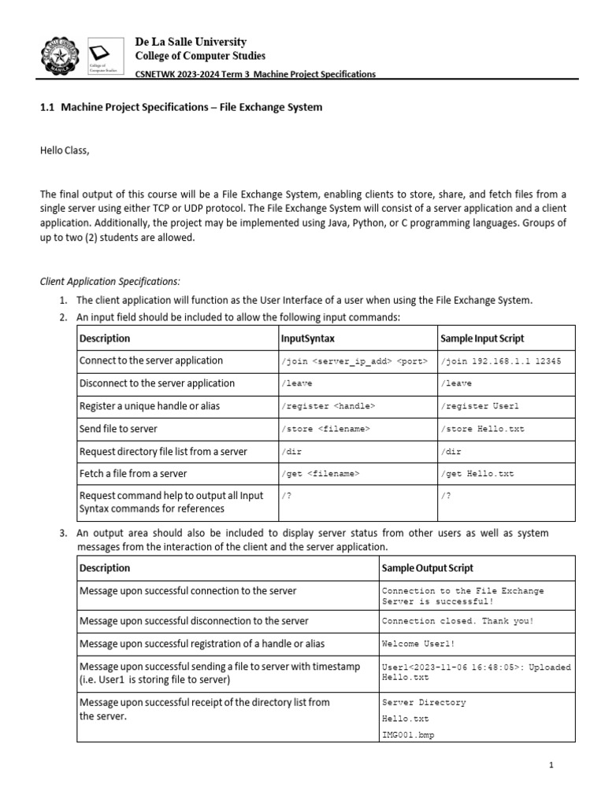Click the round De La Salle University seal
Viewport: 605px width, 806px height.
click(60, 55)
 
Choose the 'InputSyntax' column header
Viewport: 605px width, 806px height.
click(308, 338)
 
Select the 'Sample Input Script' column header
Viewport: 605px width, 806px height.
click(480, 338)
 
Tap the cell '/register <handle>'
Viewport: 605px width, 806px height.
click(328, 406)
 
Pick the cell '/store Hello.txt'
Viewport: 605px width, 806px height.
click(483, 429)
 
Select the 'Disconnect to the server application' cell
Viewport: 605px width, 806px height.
click(157, 383)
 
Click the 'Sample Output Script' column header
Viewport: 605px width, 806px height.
click(428, 568)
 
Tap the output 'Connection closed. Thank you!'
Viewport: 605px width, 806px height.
click(457, 621)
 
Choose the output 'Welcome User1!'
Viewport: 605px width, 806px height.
click(418, 644)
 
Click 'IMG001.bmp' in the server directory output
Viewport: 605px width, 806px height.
click(408, 735)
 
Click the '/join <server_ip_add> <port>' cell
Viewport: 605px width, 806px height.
click(354, 361)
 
